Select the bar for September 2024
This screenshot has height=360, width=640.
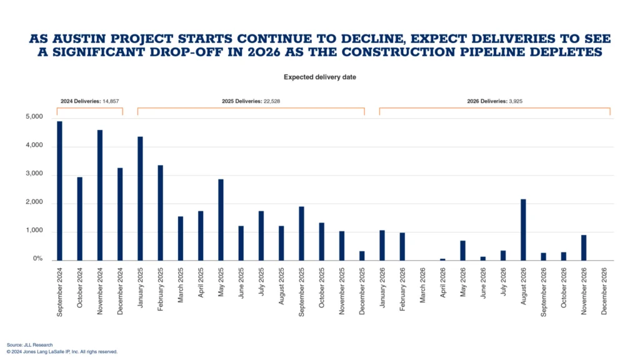[60, 191]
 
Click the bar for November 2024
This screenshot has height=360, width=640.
[100, 195]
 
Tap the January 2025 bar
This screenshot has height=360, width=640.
[140, 198]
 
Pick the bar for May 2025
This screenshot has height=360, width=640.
[221, 219]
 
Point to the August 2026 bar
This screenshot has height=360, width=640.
[522, 229]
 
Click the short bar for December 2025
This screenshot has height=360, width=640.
[362, 256]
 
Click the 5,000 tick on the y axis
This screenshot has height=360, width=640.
[34, 117]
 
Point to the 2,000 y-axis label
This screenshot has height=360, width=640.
[34, 202]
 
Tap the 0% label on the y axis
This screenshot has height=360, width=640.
[37, 259]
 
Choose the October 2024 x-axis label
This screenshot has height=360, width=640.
[80, 290]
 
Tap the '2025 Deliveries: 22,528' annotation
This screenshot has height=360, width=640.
[250, 101]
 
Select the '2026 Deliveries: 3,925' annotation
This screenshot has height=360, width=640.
[494, 101]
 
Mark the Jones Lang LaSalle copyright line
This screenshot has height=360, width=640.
[62, 352]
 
